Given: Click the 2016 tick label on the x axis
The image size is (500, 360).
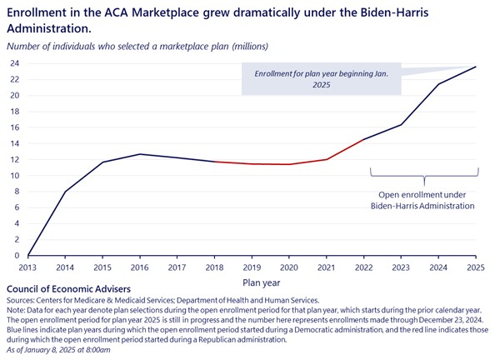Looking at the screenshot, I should [x=140, y=267].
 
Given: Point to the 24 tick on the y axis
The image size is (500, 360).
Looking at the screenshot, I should [x=15, y=63].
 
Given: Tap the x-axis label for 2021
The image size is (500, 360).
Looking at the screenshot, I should [x=327, y=267].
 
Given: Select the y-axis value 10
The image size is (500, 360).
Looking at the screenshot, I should [x=15, y=176].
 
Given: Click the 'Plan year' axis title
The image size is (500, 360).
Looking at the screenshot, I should [x=252, y=282].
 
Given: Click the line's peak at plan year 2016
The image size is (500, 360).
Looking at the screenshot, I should [x=140, y=154].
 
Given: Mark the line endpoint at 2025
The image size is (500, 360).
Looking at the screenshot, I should [x=477, y=67].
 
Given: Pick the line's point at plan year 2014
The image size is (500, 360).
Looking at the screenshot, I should [x=65, y=192].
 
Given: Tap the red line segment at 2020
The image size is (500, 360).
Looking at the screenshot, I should [x=289, y=164].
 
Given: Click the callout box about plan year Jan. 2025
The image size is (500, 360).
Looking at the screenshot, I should [x=321, y=79].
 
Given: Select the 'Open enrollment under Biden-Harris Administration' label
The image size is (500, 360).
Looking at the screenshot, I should [x=424, y=200].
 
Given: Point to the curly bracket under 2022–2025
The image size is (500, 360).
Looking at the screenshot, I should [x=424, y=176].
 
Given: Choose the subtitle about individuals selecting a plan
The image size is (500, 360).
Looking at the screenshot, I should [x=138, y=45].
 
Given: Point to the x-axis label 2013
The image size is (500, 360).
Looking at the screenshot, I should [x=27, y=267].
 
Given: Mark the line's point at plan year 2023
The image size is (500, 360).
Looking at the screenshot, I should [x=402, y=125].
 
